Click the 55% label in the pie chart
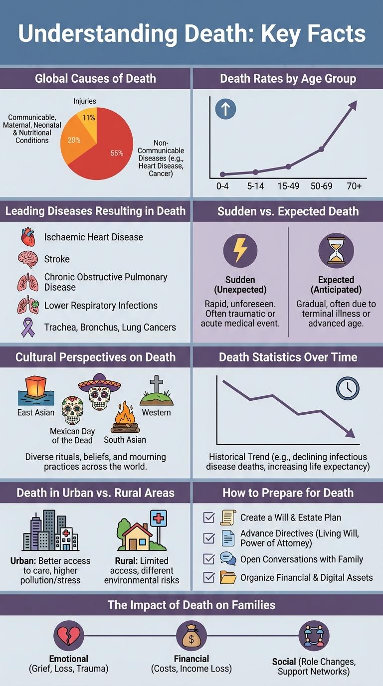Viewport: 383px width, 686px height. click(117, 153)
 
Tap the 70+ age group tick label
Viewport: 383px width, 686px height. click(354, 186)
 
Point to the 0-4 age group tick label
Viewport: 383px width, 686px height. click(222, 186)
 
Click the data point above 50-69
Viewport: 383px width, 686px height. click(321, 149)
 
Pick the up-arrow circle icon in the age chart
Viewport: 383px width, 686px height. click(225, 109)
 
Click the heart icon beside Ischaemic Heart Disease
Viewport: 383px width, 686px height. click(28, 237)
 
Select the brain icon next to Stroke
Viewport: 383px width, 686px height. click(27, 259)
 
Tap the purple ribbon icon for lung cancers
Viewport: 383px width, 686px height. click(28, 327)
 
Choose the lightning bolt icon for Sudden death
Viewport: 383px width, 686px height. click(240, 250)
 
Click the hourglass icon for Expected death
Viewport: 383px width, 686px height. click(336, 250)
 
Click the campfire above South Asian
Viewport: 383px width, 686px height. click(125, 419)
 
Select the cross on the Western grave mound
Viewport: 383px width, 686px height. click(156, 385)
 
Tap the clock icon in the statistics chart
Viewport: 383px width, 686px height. click(348, 388)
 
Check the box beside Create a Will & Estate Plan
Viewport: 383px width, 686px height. click(209, 517)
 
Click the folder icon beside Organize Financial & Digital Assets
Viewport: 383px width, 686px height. click(228, 577)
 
